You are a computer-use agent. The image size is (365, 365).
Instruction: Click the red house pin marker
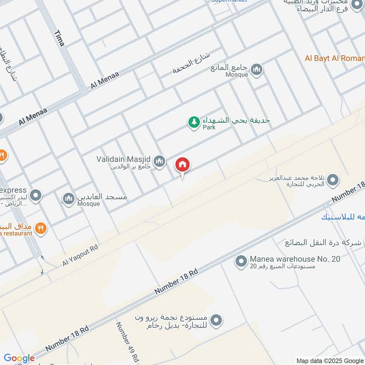pos(183,165)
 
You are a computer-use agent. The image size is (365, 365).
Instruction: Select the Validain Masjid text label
pos(124,159)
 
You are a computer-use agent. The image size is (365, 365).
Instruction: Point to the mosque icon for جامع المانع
pos(257,69)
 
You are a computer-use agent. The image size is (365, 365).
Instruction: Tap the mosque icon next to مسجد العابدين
pos(68,198)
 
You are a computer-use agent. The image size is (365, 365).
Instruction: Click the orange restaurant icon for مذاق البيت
pos(41,228)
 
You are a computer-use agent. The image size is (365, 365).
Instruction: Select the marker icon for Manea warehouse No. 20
pos(241,261)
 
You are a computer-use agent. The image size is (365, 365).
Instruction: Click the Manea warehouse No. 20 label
pos(295,259)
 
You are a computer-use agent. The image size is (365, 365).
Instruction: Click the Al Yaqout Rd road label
pos(81,254)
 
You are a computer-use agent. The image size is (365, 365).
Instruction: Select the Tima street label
pos(59,38)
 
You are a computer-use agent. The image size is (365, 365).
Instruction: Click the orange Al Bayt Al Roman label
pos(334,58)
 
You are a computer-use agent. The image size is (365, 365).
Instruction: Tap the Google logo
pos(19,359)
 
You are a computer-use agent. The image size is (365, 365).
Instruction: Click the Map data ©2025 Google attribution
pos(329,360)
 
